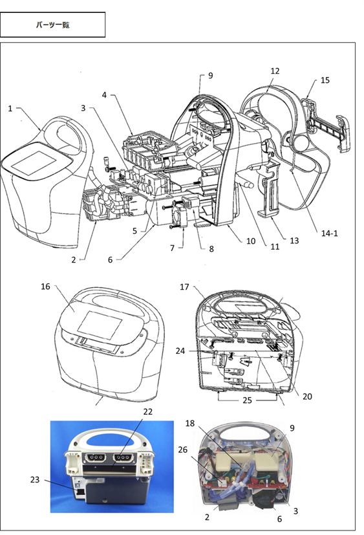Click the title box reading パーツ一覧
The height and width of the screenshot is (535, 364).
coord(52,25)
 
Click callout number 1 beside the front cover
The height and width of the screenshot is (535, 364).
coord(10,109)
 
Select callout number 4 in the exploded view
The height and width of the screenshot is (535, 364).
coord(104,95)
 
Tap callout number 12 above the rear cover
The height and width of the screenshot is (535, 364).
coord(275,71)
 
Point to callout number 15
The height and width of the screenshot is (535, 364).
coord(325,80)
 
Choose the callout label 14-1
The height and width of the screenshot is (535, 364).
coord(330,234)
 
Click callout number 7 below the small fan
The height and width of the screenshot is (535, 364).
coord(173,248)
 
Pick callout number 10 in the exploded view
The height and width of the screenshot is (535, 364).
coord(251,241)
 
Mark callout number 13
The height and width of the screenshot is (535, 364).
coord(294,241)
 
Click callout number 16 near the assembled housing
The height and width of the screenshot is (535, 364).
coord(45,287)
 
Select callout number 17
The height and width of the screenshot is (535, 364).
coord(184,287)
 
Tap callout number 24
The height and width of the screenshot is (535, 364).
coord(180,351)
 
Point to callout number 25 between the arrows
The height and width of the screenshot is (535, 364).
coord(248,400)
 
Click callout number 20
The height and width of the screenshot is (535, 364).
coord(307,396)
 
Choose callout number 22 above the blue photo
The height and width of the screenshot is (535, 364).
coord(147,412)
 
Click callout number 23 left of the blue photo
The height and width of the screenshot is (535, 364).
coord(35,480)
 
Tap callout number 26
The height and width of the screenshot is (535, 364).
coord(182,450)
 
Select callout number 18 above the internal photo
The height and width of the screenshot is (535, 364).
coord(189,424)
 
